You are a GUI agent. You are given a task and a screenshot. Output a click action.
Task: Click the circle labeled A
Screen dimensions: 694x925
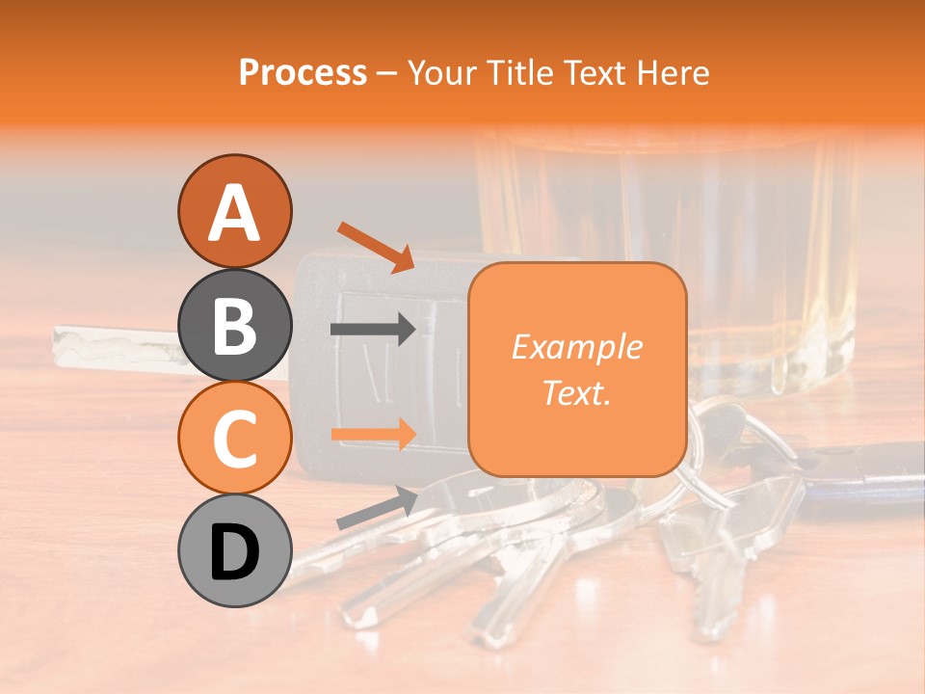click(235, 212)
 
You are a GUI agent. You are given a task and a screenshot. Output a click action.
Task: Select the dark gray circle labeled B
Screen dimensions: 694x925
click(235, 325)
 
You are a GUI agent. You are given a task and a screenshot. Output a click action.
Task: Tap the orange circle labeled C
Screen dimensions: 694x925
click(235, 438)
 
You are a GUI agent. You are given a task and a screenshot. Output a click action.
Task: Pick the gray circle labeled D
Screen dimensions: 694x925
click(235, 550)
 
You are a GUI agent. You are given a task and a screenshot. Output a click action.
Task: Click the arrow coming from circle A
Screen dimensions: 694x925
click(376, 247)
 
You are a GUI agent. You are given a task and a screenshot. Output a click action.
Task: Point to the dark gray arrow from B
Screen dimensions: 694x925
click(372, 330)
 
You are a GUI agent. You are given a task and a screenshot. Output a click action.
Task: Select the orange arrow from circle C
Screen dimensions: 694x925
click(372, 434)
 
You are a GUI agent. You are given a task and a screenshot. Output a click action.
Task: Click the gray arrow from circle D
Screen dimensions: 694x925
click(377, 507)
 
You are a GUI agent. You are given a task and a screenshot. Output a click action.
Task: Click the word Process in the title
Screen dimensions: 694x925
click(303, 72)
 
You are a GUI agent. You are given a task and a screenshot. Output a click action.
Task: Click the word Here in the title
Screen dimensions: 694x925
click(674, 72)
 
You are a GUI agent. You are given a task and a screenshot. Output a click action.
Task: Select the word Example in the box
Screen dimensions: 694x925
click(577, 347)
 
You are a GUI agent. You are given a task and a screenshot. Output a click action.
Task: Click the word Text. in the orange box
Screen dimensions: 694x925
click(577, 393)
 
